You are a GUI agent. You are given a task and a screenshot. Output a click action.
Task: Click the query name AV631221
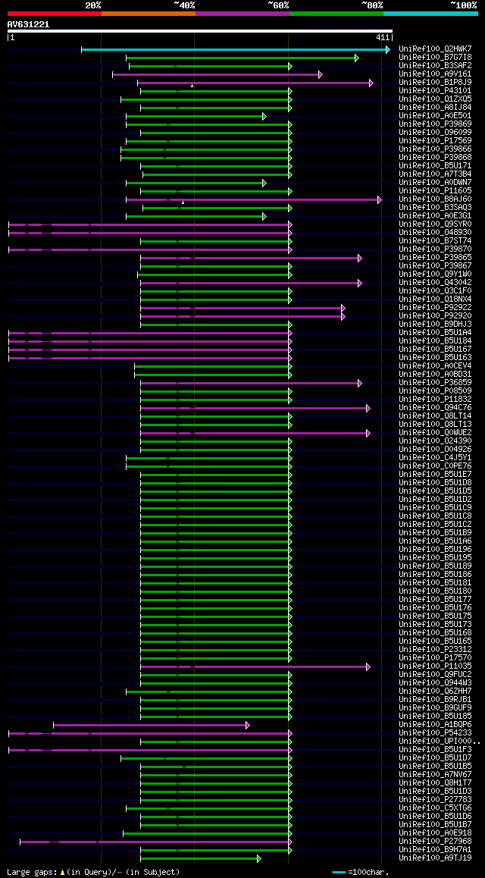click(28, 24)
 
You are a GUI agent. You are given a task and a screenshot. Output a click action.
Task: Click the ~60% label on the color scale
click(278, 5)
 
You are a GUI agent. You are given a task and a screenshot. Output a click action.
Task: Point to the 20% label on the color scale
click(93, 5)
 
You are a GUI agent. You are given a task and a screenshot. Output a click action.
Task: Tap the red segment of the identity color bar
click(54, 13)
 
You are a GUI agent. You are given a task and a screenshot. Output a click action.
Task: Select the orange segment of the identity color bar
click(148, 13)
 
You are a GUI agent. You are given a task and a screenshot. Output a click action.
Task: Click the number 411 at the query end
click(383, 37)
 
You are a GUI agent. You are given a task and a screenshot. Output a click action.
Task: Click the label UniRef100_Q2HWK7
click(435, 49)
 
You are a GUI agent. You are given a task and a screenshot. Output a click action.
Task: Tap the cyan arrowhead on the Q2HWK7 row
click(388, 49)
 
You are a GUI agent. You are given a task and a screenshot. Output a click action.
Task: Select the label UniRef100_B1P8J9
click(435, 82)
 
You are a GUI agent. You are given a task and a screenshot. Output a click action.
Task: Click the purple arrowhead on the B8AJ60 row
click(380, 199)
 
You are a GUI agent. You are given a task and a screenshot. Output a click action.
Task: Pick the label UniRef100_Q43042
click(435, 283)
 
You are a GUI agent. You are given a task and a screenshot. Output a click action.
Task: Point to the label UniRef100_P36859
click(435, 383)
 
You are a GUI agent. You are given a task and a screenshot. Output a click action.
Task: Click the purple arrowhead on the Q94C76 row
click(368, 408)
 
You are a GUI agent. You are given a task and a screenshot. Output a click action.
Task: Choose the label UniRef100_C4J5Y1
click(435, 458)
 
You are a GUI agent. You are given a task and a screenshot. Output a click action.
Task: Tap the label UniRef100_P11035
click(435, 666)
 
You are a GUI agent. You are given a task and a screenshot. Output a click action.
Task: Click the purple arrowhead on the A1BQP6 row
click(248, 725)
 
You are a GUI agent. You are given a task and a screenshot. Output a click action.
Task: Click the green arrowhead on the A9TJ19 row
click(259, 858)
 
